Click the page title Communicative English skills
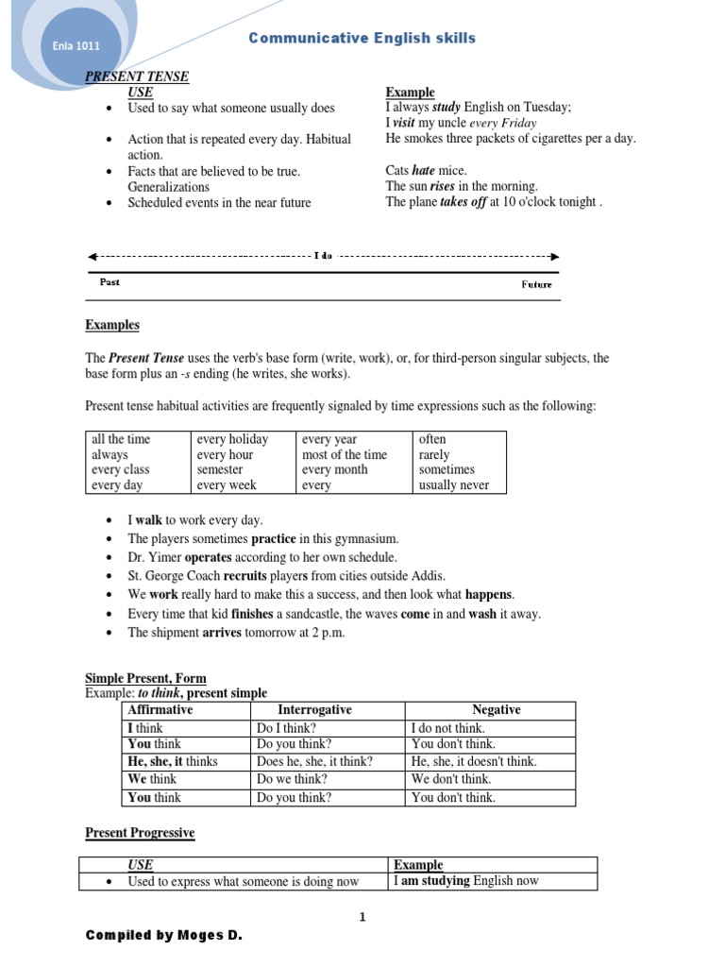point(362,39)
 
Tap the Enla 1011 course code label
point(75,45)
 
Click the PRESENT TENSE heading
point(137,76)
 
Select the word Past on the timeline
point(110,281)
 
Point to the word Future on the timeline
point(536,284)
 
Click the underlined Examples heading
point(112,325)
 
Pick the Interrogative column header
point(314,710)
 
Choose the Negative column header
point(496,710)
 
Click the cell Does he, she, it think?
point(314,762)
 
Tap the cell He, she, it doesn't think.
point(474,762)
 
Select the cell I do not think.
point(448,728)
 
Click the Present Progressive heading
point(140,833)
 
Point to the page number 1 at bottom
point(362,916)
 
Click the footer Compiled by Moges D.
point(163,936)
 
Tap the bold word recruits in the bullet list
point(244,576)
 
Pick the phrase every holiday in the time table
point(232,439)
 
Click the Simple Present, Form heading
point(145,678)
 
